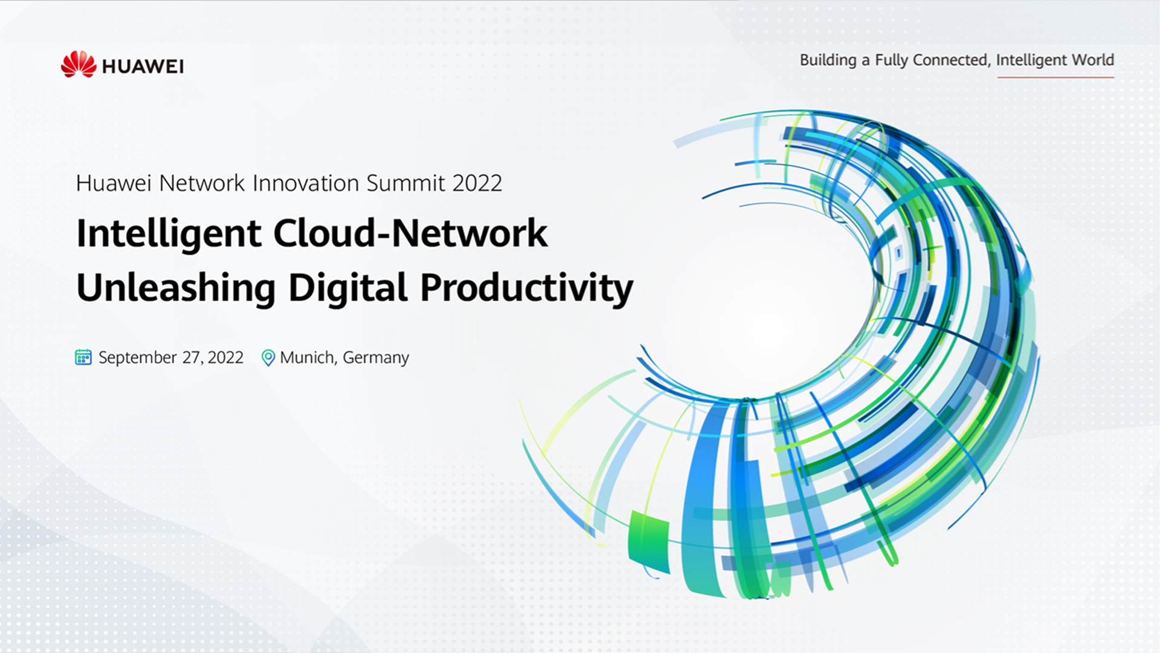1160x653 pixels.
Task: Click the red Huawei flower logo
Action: tap(79, 64)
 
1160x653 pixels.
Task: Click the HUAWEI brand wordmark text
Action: tap(143, 67)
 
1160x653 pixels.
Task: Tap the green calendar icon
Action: tap(83, 357)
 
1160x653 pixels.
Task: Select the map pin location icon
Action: tap(268, 358)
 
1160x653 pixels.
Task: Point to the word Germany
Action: tap(376, 358)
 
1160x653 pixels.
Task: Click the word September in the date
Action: tap(138, 358)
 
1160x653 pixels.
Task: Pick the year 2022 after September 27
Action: tap(225, 357)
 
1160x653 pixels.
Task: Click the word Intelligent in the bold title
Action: tap(169, 234)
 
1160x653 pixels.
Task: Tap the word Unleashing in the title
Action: tap(176, 287)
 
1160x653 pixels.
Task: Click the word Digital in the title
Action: tap(348, 287)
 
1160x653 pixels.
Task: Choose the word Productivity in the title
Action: tap(526, 288)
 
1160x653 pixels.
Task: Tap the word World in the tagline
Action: tap(1092, 60)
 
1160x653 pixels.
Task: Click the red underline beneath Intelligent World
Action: tap(1055, 77)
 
